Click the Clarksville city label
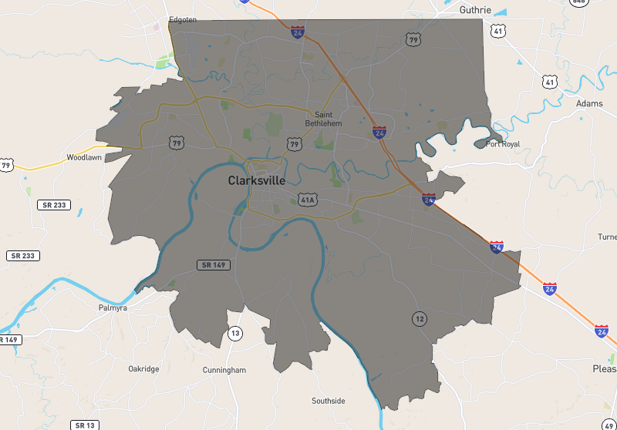256,180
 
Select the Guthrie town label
475,10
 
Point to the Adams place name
589,103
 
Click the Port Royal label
503,144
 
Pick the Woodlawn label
84,156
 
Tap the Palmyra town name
112,307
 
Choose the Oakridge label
143,369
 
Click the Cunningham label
224,370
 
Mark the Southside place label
329,401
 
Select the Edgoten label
183,20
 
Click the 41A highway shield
308,200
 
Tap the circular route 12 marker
419,318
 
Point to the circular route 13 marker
234,333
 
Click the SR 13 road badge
84,425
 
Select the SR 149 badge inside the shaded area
213,265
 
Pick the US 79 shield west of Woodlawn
6,165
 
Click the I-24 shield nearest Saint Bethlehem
379,133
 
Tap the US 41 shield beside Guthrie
499,32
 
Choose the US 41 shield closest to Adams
549,81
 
